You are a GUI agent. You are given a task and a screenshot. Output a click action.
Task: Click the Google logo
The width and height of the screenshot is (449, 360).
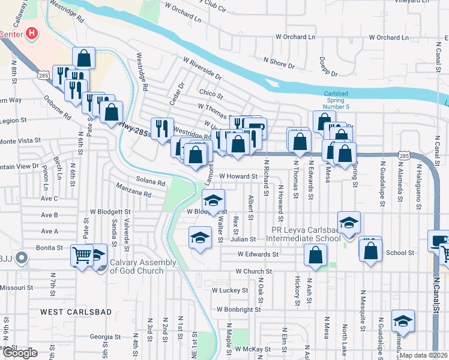(x=20, y=353)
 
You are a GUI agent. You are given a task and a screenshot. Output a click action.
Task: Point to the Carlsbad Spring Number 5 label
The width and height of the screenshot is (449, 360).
(x=340, y=99)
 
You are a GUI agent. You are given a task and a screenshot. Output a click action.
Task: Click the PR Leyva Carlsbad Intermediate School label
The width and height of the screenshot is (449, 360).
(x=306, y=233)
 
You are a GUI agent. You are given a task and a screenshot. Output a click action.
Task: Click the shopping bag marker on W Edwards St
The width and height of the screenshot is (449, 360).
(x=315, y=255)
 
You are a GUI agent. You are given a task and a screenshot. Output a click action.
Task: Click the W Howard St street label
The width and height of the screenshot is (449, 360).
(x=238, y=176)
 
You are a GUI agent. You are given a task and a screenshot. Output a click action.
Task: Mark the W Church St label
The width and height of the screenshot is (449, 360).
(x=254, y=271)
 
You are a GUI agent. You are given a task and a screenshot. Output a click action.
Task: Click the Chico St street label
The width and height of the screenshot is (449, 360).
(x=211, y=95)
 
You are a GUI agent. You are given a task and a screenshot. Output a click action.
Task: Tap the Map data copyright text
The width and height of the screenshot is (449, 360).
(x=423, y=355)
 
